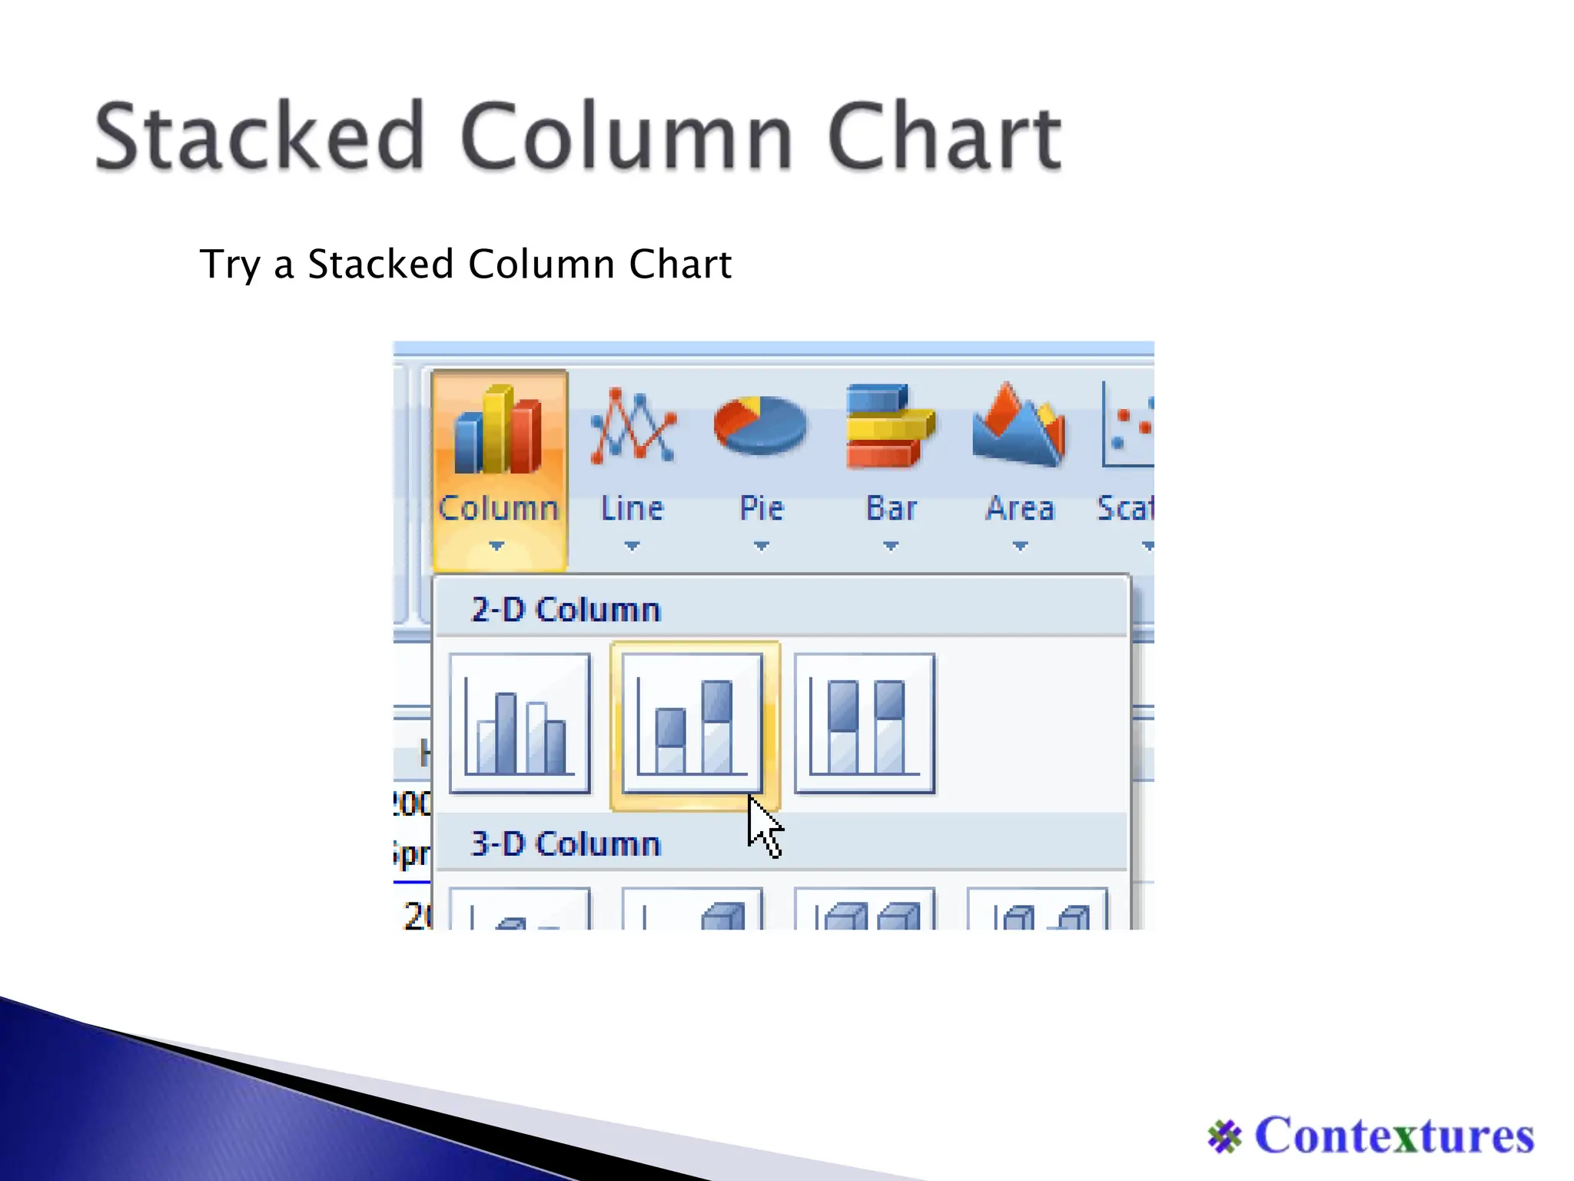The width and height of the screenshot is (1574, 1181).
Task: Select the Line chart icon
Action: (633, 427)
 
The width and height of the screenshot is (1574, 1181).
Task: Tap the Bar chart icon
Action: (890, 427)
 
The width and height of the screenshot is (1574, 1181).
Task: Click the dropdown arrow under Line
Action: (632, 546)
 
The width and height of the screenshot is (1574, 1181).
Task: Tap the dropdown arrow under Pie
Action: (761, 546)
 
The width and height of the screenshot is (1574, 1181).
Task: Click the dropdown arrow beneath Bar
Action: (890, 546)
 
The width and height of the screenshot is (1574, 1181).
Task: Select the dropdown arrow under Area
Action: (1020, 546)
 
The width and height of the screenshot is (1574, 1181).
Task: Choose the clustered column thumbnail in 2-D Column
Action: (520, 724)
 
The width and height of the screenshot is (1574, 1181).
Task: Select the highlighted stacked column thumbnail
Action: (692, 724)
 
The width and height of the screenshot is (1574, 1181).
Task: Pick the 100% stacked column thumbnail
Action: (865, 724)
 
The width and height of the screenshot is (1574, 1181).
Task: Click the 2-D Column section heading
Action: (566, 610)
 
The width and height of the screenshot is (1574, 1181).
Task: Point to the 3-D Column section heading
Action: (566, 844)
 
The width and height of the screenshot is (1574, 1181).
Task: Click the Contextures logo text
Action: (1394, 1136)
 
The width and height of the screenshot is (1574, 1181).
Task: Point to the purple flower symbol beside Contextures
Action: (1224, 1137)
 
